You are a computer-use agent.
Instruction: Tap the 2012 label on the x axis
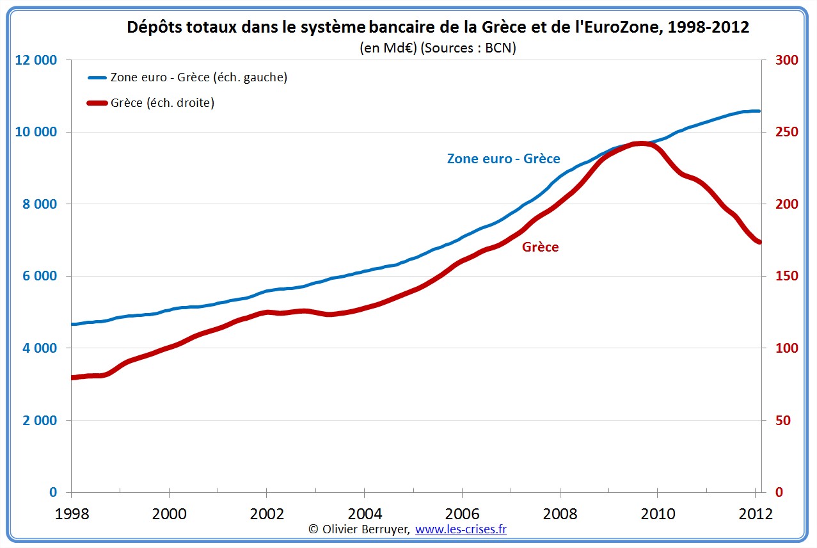point(756,514)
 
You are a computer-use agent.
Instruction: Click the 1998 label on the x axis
point(71,514)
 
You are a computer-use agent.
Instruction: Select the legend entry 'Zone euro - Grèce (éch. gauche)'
point(198,77)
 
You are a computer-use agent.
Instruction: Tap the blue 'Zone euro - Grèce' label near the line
point(504,159)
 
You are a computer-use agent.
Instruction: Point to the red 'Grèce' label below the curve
point(540,247)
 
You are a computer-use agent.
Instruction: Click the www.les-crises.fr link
point(461,529)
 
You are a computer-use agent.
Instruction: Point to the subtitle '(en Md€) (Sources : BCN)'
point(438,48)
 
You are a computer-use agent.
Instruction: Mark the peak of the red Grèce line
point(640,143)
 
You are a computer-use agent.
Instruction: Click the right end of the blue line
point(759,111)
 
